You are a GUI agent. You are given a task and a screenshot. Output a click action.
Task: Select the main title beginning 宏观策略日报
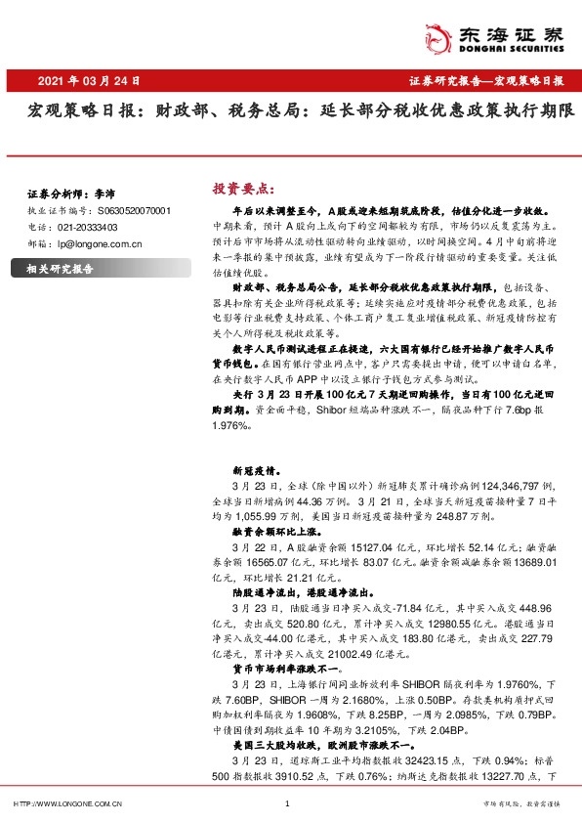click(291, 115)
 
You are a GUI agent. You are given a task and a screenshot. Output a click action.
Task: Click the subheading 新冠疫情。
click(256, 469)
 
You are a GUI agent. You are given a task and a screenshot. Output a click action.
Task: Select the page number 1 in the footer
click(287, 803)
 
